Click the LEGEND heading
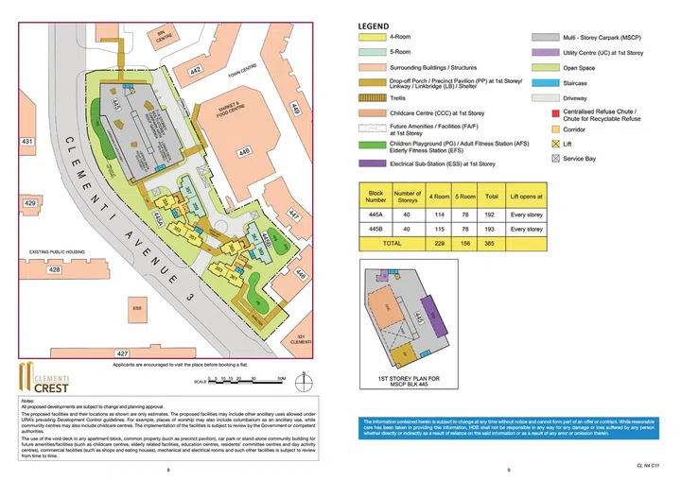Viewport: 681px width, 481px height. click(x=375, y=26)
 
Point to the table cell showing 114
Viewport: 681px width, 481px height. click(x=440, y=215)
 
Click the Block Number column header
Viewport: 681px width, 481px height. click(x=375, y=197)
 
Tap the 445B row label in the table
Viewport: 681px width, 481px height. click(x=375, y=230)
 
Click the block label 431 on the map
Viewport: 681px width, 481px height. click(x=28, y=142)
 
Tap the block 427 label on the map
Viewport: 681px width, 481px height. click(x=122, y=352)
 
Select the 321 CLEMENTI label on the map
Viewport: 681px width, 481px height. click(x=302, y=339)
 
